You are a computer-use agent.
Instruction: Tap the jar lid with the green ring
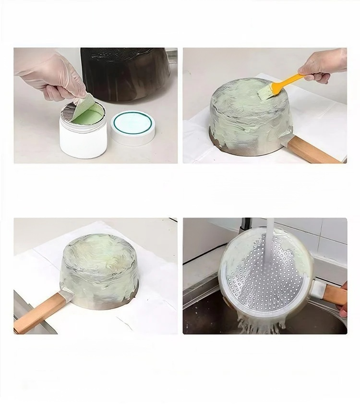click(x=133, y=127)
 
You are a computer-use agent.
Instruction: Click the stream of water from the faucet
click(x=270, y=240)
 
